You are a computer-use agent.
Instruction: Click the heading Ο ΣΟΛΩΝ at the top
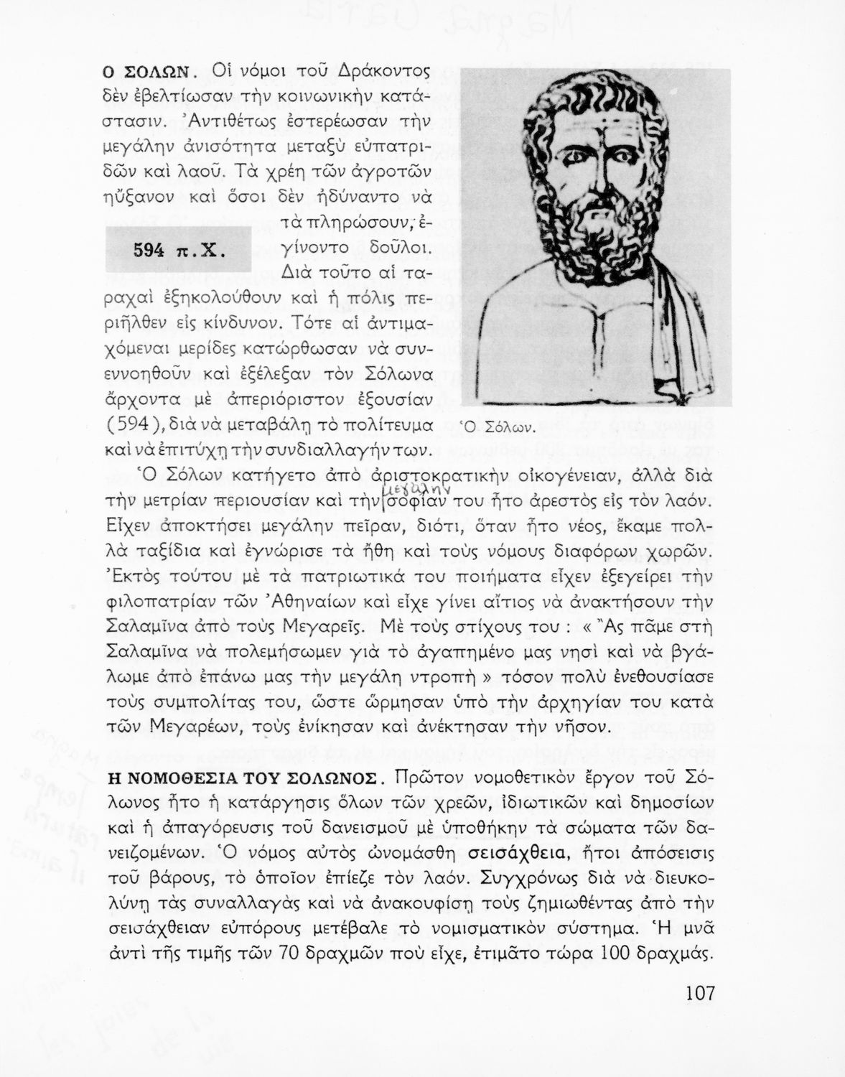(x=147, y=72)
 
